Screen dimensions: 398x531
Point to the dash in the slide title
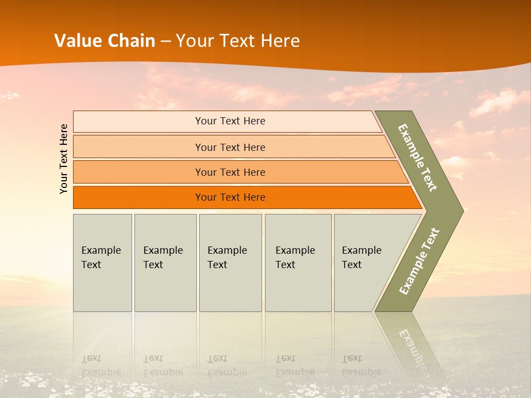coord(165,41)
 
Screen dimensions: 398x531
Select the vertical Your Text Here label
coord(64,159)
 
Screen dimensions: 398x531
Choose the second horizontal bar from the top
coord(230,147)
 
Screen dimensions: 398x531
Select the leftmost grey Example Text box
coord(102,262)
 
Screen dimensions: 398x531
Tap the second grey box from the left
coord(165,262)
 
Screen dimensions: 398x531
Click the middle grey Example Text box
coord(230,262)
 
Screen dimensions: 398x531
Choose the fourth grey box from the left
coord(298,262)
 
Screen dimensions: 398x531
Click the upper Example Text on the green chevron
coord(418,158)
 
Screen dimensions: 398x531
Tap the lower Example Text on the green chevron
coord(419,261)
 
